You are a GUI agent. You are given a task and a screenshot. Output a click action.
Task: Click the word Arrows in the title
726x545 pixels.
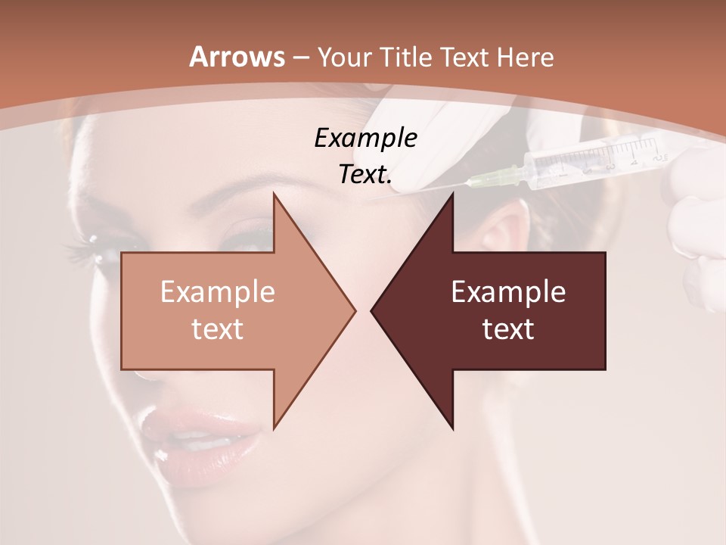[237, 57]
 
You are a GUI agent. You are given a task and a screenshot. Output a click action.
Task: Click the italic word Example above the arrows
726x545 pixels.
[365, 139]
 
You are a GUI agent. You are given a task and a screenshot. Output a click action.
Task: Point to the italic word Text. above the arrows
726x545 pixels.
[365, 174]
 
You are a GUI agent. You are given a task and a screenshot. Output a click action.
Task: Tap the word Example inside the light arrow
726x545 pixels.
[217, 292]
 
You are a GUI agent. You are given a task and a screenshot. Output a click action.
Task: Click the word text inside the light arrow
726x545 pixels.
[217, 329]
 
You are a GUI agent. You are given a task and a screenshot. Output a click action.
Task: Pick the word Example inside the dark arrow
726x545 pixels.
[508, 292]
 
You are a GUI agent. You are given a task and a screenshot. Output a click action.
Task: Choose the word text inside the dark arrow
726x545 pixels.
[508, 329]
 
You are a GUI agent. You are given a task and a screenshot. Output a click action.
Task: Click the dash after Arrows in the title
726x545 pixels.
[301, 58]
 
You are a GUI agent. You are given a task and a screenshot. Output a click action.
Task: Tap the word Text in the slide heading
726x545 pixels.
[465, 57]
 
